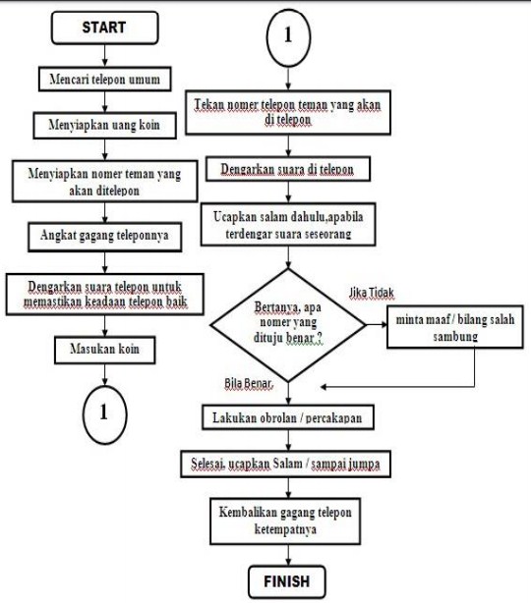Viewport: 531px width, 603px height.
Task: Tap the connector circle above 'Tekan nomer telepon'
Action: pyautogui.click(x=288, y=35)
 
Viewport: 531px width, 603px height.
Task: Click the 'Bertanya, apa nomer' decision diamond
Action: pyautogui.click(x=288, y=318)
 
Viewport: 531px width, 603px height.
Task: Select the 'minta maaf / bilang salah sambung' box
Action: pyautogui.click(x=454, y=327)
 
